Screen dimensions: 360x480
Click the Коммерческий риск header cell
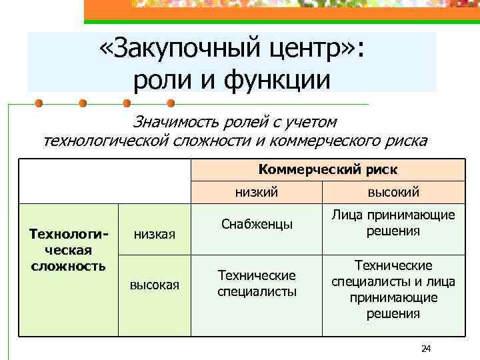coord(327,169)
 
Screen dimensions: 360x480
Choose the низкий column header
coord(256,193)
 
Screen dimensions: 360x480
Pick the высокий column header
coord(393,193)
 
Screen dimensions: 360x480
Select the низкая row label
coord(154,233)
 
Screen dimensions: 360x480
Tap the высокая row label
coord(154,285)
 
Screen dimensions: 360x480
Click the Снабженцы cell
coord(257,225)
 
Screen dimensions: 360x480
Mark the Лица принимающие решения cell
coord(393,223)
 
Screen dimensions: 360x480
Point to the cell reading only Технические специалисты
coord(257,283)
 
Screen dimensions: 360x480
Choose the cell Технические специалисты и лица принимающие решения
coord(393,289)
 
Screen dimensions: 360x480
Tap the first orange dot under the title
coord(39,104)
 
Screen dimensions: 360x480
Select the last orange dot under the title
coord(169,104)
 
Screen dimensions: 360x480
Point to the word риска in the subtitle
coord(404,141)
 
